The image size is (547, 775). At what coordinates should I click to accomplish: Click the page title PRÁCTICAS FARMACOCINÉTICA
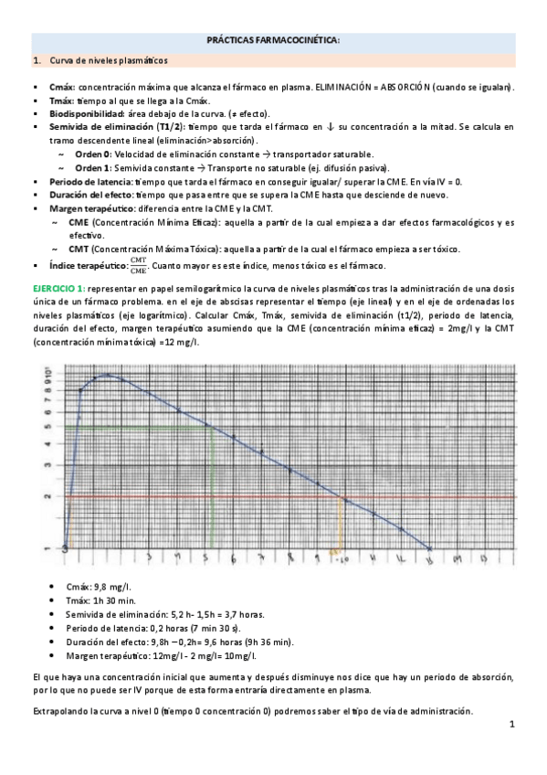[x=273, y=41]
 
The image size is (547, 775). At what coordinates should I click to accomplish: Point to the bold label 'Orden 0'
[x=93, y=154]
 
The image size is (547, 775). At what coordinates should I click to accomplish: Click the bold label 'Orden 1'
[x=93, y=168]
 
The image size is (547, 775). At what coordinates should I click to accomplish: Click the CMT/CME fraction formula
[x=139, y=265]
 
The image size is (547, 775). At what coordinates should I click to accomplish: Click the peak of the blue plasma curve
[x=105, y=375]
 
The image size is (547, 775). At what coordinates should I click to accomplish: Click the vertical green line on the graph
[x=211, y=484]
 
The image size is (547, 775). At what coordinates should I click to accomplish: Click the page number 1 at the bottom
[x=512, y=725]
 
